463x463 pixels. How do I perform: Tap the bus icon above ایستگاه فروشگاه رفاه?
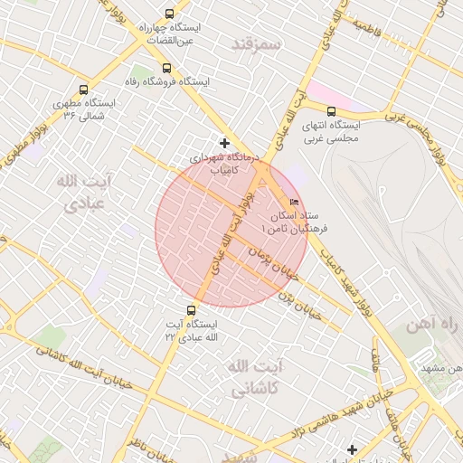tap(165, 68)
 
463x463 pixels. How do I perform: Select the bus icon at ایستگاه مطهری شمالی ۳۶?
tap(83, 90)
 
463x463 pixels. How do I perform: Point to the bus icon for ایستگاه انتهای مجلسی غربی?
tap(331, 111)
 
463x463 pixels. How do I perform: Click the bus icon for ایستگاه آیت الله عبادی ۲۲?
tap(189, 310)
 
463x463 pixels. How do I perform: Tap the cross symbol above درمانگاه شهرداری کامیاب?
tap(224, 143)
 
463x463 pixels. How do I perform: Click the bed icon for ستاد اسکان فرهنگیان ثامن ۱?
tap(293, 202)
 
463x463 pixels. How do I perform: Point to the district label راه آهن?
tap(434, 324)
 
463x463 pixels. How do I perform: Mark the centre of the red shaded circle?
tap(231, 231)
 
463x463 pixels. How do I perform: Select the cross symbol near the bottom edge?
tap(352, 449)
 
